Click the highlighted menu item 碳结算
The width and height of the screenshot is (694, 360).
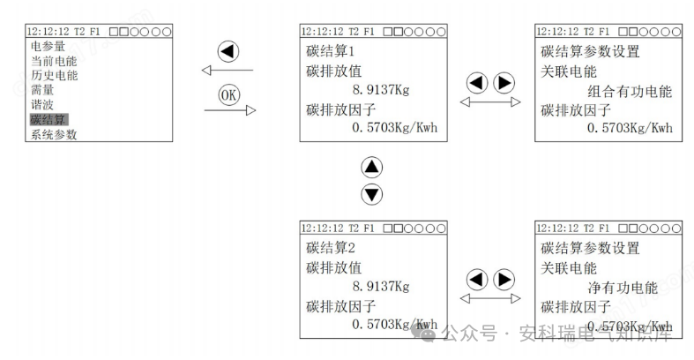(x=49, y=119)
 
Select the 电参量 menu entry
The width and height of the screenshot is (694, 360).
(x=48, y=46)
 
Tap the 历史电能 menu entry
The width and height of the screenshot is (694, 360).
(x=54, y=75)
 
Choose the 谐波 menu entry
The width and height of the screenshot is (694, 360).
(x=41, y=104)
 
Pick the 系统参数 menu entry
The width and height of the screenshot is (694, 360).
(x=54, y=134)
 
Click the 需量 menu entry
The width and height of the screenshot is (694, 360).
(x=41, y=90)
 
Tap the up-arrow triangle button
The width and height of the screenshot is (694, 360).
(x=372, y=168)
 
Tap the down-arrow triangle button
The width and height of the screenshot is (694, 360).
(x=372, y=194)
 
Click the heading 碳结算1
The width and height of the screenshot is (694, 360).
(x=330, y=50)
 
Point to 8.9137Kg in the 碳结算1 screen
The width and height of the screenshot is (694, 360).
(x=380, y=89)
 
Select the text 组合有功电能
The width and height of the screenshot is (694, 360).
(x=629, y=90)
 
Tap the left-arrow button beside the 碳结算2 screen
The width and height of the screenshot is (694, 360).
(x=477, y=280)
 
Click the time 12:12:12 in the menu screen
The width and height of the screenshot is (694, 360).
(x=43, y=31)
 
